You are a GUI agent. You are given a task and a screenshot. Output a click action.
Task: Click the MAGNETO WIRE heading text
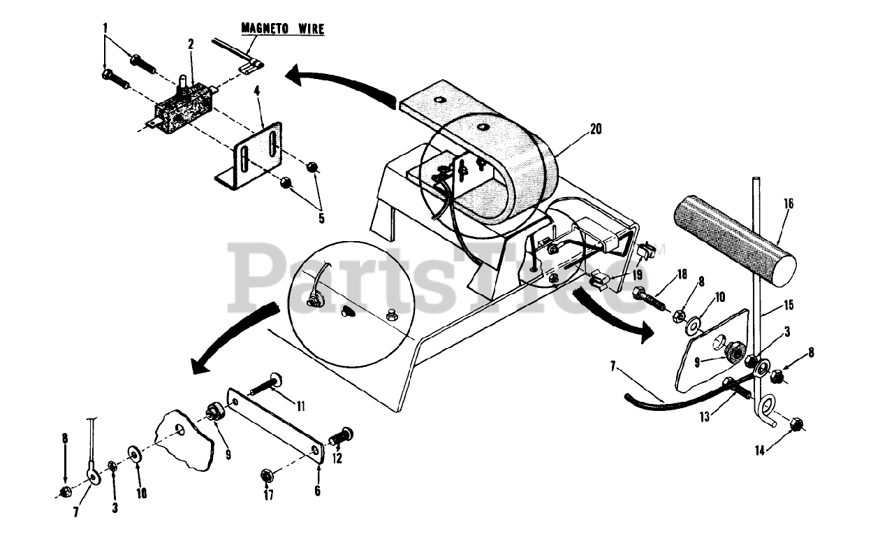coord(283,29)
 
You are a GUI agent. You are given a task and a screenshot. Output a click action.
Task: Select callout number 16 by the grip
coord(788,204)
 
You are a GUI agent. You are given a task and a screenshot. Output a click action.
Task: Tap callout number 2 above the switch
coord(191,43)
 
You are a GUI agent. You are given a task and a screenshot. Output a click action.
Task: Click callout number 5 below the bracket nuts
coord(321,218)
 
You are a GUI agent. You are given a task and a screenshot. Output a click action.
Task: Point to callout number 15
coord(789,306)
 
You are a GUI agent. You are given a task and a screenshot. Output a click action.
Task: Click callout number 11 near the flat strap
coord(301,405)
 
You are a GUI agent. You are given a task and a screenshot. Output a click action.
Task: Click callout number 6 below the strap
coord(317,491)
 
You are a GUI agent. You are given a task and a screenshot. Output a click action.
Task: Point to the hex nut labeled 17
coord(266,475)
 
